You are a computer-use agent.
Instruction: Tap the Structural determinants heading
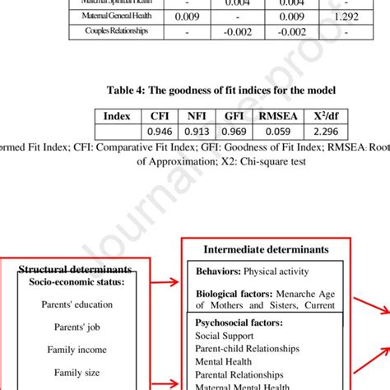(75, 270)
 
